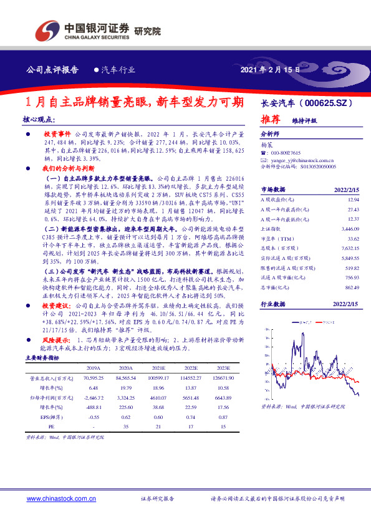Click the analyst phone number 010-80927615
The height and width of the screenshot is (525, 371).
[285, 153]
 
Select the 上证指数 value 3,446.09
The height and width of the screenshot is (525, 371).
[349, 229]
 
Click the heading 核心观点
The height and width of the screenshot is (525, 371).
[39, 119]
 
